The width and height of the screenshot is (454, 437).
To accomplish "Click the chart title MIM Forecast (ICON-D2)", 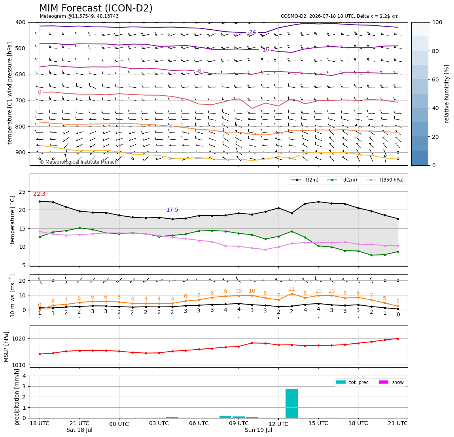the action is pyautogui.click(x=96, y=8).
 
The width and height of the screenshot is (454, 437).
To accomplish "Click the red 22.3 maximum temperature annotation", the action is pyautogui.click(x=40, y=194).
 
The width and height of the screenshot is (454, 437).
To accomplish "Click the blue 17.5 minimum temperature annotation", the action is pyautogui.click(x=172, y=210).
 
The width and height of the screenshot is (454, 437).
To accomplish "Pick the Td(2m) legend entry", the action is pyautogui.click(x=342, y=180).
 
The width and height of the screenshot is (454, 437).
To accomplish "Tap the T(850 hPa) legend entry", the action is pyautogui.click(x=385, y=180).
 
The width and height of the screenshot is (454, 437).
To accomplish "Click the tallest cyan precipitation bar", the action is pyautogui.click(x=291, y=403).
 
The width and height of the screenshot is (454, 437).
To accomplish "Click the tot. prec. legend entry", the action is pyautogui.click(x=353, y=382).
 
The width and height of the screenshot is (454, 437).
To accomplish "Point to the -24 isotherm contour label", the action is pyautogui.click(x=252, y=32).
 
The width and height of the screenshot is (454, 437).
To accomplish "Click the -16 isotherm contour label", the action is pyautogui.click(x=265, y=50).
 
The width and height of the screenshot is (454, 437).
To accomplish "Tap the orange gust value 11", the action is pyautogui.click(x=291, y=289).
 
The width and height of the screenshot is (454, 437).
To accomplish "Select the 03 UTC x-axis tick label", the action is pyautogui.click(x=159, y=423).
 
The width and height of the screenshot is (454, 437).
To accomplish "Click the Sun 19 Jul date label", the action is pyautogui.click(x=258, y=430).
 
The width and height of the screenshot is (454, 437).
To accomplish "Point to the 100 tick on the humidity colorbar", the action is pyautogui.click(x=437, y=22).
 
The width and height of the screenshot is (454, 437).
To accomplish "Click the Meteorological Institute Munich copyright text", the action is pyautogui.click(x=79, y=162).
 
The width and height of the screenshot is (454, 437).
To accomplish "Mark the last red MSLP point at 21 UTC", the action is pyautogui.click(x=398, y=339).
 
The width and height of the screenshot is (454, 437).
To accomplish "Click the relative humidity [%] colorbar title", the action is pyautogui.click(x=447, y=94).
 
